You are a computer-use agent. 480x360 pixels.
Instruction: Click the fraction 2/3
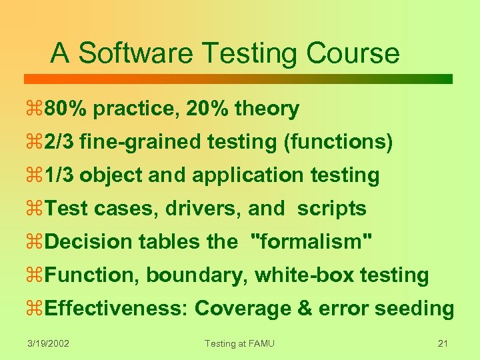pyautogui.click(x=61, y=142)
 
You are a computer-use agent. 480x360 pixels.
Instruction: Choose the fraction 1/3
pyautogui.click(x=61, y=175)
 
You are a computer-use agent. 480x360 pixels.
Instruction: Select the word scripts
pyautogui.click(x=331, y=209)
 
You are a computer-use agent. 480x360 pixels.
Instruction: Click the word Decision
pyautogui.click(x=89, y=242)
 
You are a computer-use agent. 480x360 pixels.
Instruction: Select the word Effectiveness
pyautogui.click(x=117, y=309)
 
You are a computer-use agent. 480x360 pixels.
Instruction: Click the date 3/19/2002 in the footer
pyautogui.click(x=49, y=343)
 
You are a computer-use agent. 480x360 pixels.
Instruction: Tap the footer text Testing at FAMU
pyautogui.click(x=239, y=343)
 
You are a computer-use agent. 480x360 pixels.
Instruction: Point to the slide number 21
pyautogui.click(x=442, y=343)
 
